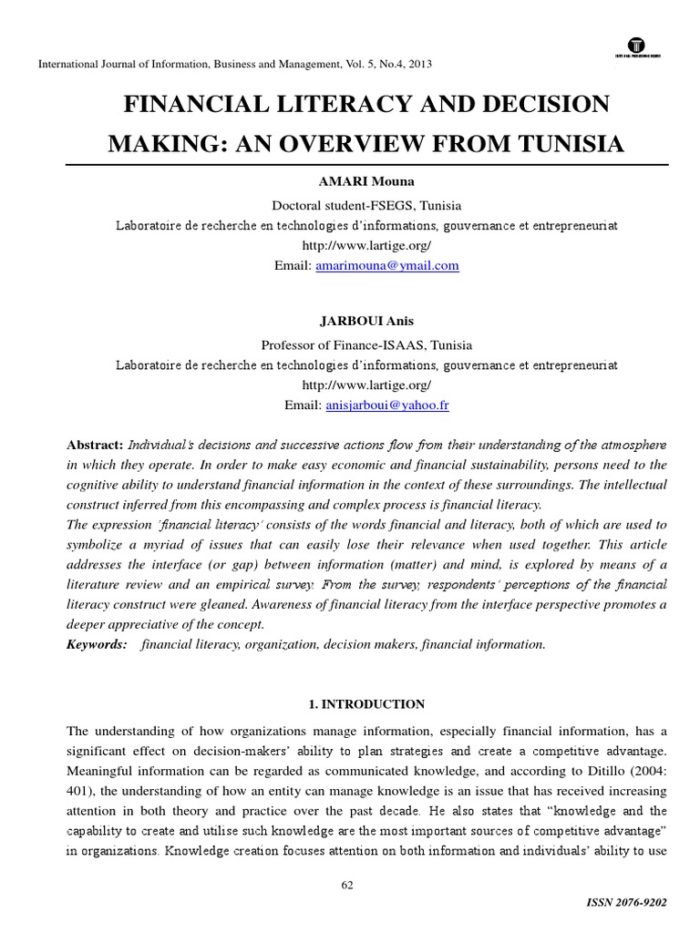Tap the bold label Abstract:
point(96,445)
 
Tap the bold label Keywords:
point(98,644)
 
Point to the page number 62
point(347,884)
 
